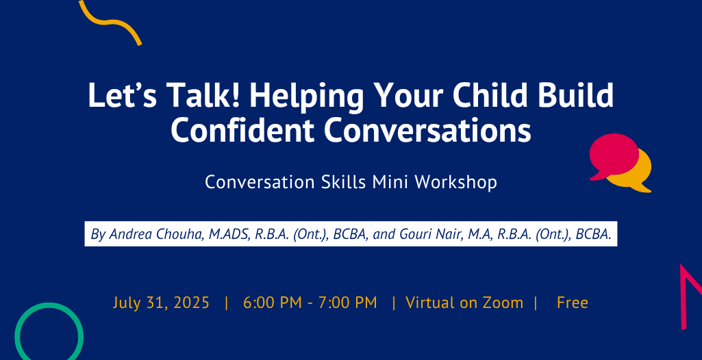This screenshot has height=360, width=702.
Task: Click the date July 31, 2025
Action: [x=161, y=303]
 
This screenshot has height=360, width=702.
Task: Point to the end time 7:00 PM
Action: [x=347, y=303]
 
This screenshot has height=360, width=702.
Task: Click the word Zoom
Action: [x=503, y=303]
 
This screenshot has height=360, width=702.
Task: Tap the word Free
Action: [x=572, y=303]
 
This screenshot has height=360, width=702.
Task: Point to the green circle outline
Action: [x=18, y=331]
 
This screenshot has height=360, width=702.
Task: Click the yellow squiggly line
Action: [x=109, y=23]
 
